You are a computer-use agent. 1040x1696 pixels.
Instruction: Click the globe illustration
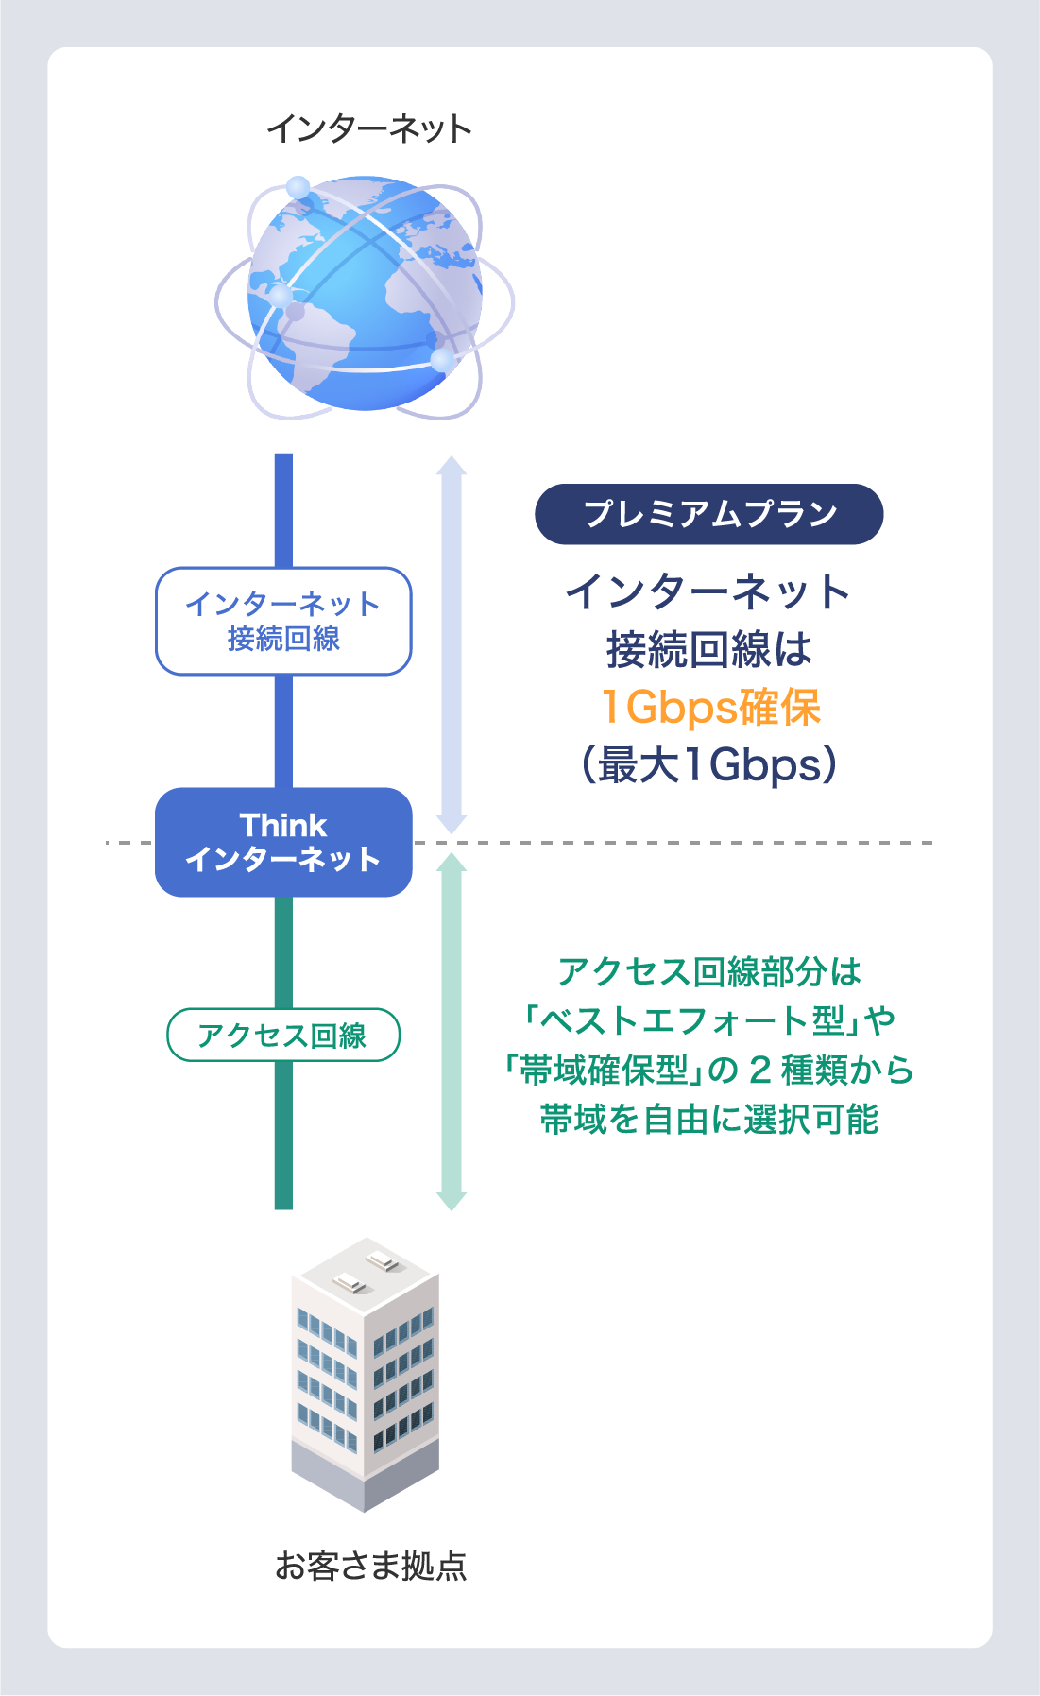(365, 297)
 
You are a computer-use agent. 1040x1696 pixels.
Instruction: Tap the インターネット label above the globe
(369, 128)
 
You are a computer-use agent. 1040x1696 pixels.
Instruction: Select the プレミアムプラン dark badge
(709, 514)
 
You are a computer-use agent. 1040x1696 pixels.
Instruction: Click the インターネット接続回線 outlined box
(283, 621)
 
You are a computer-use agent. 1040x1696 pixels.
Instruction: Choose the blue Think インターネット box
(283, 842)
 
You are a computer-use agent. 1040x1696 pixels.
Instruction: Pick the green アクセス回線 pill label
(283, 1036)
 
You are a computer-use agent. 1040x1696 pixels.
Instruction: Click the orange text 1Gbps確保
(710, 707)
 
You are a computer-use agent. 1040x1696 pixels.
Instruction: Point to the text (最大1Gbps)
(709, 764)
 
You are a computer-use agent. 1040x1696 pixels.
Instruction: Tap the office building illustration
(366, 1375)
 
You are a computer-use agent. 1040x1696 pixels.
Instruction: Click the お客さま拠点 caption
(370, 1567)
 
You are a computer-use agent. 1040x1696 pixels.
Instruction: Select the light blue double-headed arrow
(452, 644)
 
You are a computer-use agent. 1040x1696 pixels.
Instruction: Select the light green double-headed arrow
(452, 1031)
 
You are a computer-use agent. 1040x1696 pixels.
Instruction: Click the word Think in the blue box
(283, 825)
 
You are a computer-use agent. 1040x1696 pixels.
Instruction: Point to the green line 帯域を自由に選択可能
(709, 1120)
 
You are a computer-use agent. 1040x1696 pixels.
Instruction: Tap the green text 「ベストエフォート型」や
(709, 1020)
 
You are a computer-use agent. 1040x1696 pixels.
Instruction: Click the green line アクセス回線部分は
(709, 971)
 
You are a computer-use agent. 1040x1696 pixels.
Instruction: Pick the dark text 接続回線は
(709, 649)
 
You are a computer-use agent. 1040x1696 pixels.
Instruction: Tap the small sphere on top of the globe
(298, 187)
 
